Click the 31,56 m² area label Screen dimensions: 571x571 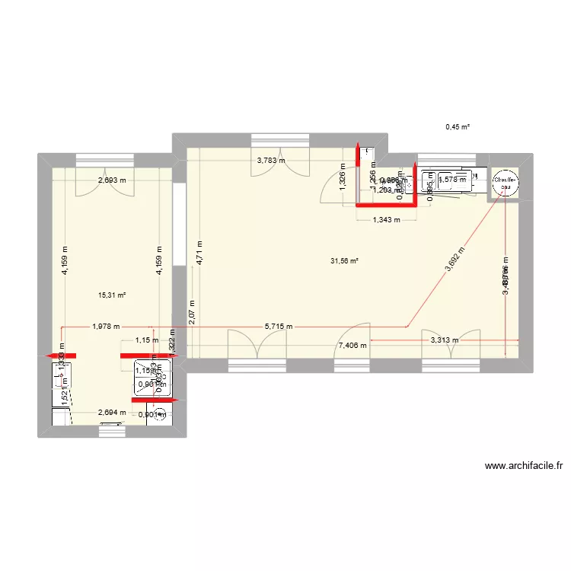click(343, 260)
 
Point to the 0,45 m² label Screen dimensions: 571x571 click(458, 127)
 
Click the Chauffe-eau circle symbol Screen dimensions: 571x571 click(504, 183)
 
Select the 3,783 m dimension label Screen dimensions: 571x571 click(271, 161)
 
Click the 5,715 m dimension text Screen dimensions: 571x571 click(279, 327)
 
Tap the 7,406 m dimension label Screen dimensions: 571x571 click(351, 345)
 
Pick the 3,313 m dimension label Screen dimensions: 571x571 click(445, 341)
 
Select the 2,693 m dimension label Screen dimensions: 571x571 click(111, 180)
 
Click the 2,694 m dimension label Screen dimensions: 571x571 click(111, 413)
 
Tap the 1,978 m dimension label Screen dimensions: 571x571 click(106, 327)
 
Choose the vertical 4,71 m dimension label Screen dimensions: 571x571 click(198, 251)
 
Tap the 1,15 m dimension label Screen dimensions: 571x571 click(146, 341)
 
